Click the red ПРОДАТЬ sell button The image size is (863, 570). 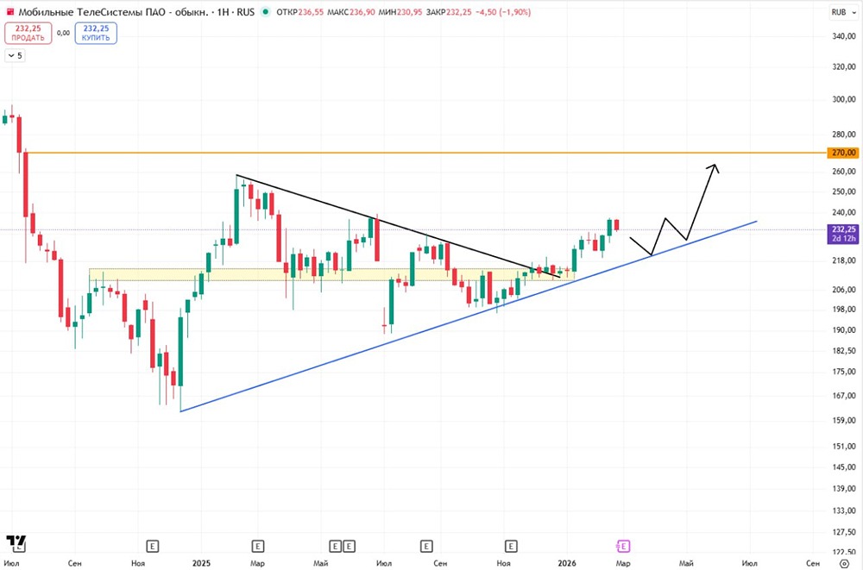click(x=28, y=33)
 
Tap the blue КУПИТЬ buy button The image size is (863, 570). click(x=96, y=33)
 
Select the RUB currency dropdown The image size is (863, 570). click(x=843, y=12)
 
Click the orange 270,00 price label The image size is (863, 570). click(x=842, y=153)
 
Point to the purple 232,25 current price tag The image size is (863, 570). click(x=842, y=234)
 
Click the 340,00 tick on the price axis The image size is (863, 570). click(x=843, y=36)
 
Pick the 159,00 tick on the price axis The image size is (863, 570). click(x=843, y=420)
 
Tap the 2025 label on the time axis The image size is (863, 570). click(x=201, y=563)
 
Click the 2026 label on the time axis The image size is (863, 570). click(x=567, y=563)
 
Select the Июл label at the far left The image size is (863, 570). click(x=11, y=563)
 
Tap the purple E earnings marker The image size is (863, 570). click(x=622, y=546)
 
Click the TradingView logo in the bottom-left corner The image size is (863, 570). click(x=16, y=542)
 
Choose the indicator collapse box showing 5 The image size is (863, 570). click(x=15, y=55)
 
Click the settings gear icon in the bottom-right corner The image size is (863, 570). click(x=844, y=563)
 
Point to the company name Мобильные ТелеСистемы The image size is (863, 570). click(x=85, y=11)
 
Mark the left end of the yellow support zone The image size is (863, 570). click(x=90, y=274)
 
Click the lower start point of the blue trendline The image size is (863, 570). click(x=180, y=411)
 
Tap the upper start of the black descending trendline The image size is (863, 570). click(x=236, y=175)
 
